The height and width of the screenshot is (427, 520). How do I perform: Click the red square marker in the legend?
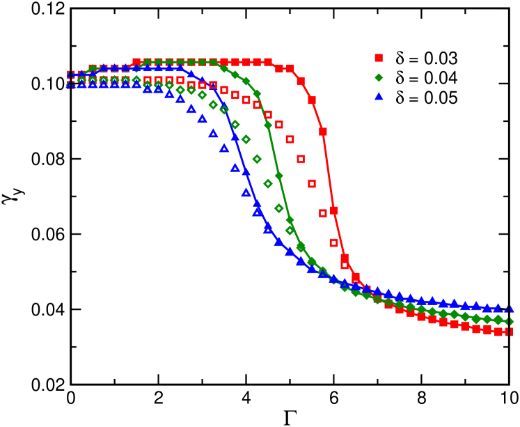[379, 58]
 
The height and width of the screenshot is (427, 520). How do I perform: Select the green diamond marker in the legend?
[379, 78]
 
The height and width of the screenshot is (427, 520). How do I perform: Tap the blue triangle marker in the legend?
[379, 98]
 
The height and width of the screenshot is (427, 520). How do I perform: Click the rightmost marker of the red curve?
[510, 332]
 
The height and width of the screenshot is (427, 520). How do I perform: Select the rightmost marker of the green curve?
[510, 322]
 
